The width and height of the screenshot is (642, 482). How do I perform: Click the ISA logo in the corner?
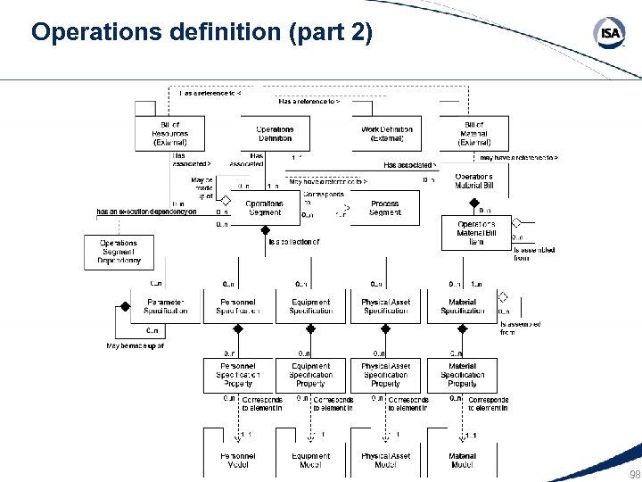tap(610, 34)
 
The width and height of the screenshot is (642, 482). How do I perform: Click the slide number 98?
tap(634, 474)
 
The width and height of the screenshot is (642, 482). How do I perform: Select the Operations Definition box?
tap(275, 134)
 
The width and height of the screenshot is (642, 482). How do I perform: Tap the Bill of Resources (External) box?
tap(169, 134)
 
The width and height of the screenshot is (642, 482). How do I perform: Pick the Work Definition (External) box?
tap(386, 134)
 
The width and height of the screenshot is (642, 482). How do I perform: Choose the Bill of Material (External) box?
tap(474, 134)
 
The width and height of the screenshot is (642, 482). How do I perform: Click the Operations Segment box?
tap(264, 208)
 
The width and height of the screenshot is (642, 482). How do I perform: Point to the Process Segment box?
tap(385, 208)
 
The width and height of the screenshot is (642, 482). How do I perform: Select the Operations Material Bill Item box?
tap(476, 233)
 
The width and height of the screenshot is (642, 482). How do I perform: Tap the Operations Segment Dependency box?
tap(119, 253)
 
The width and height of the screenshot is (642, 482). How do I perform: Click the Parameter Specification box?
tap(166, 306)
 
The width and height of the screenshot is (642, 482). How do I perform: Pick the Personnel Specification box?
tap(238, 306)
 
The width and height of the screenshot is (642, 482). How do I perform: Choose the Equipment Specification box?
tap(310, 306)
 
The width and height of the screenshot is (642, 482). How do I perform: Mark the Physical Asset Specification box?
tap(385, 306)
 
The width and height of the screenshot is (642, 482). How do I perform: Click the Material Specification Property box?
tap(462, 375)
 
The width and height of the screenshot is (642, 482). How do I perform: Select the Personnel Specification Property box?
tap(238, 375)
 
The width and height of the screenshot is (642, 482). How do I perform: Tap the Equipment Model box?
tap(310, 460)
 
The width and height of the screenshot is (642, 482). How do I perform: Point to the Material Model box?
tap(462, 460)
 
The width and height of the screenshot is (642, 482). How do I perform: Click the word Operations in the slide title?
tap(88, 33)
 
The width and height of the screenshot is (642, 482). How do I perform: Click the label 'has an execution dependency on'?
tap(146, 212)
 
